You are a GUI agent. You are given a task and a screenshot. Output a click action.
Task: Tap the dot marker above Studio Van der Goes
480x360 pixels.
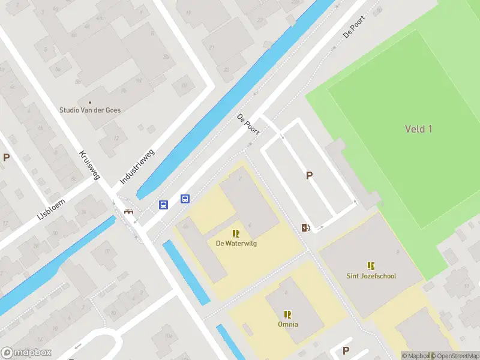(x=90, y=102)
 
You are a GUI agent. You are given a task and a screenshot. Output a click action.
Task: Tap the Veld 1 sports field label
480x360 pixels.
(x=418, y=129)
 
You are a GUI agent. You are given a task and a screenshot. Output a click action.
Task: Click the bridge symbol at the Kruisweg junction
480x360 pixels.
(x=128, y=211)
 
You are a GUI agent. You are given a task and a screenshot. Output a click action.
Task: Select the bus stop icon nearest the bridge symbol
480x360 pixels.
(x=163, y=205)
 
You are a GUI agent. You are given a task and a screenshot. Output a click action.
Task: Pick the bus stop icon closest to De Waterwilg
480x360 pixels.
(x=185, y=199)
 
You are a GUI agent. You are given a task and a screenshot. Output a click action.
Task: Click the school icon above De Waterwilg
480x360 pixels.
(x=236, y=233)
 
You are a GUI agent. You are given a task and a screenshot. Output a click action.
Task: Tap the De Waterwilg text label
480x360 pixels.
(x=236, y=244)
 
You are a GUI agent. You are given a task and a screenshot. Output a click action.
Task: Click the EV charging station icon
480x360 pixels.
(x=305, y=227)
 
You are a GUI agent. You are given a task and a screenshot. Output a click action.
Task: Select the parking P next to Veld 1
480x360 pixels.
(x=310, y=176)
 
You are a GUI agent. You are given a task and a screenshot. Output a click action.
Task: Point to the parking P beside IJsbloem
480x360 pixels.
(x=6, y=158)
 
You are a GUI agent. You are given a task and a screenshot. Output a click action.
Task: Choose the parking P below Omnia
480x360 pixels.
(x=346, y=350)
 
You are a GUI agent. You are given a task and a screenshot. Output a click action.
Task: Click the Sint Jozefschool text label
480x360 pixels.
(x=371, y=276)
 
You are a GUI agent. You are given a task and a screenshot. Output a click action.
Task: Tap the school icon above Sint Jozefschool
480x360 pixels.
(x=371, y=266)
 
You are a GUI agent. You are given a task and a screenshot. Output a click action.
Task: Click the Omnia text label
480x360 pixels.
(x=287, y=325)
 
